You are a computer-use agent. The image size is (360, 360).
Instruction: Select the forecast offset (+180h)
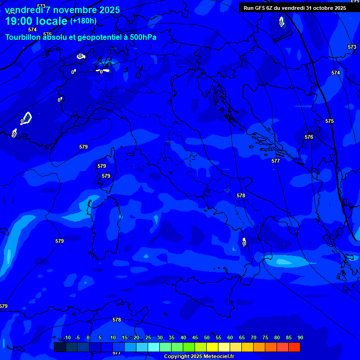click(83, 21)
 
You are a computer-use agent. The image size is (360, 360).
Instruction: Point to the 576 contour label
click(308, 137)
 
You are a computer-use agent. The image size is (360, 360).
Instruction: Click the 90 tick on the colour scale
click(300, 337)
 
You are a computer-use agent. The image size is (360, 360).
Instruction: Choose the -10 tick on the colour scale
click(67, 337)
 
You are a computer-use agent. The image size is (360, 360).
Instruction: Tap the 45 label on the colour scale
click(195, 337)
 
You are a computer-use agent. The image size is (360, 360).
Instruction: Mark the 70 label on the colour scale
click(253, 337)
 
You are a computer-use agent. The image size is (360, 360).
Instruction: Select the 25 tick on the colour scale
click(148, 337)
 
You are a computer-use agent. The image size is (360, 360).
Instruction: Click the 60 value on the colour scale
click(230, 337)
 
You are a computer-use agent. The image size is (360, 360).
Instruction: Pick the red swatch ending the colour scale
click(294, 347)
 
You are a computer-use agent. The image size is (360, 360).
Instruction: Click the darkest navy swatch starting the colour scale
click(60, 347)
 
